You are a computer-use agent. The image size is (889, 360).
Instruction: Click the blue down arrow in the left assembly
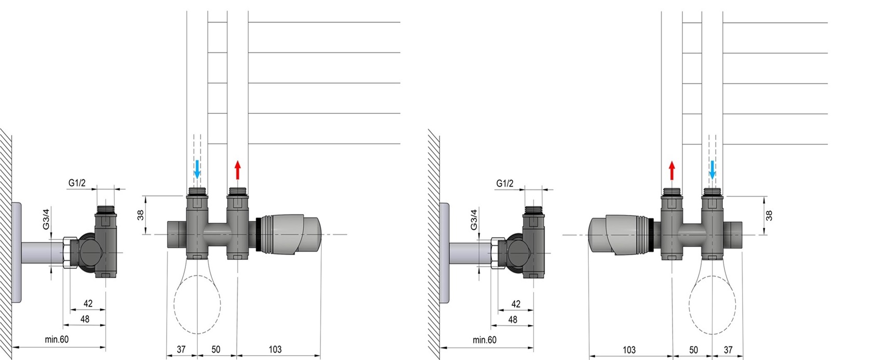(197, 169)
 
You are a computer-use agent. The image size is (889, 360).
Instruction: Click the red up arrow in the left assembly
(237, 170)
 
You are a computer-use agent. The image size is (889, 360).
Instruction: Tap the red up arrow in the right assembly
(671, 171)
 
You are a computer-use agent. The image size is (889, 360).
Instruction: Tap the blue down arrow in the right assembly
(712, 170)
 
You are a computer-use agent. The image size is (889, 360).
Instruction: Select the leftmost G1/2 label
(77, 183)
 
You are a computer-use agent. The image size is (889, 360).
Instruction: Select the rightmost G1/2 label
(505, 183)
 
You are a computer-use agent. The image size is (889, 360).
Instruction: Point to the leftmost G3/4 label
(46, 220)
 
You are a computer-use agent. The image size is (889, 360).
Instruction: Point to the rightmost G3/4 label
(474, 220)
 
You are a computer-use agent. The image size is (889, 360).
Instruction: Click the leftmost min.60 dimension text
(57, 339)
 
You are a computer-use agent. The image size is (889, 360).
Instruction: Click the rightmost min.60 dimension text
(484, 340)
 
